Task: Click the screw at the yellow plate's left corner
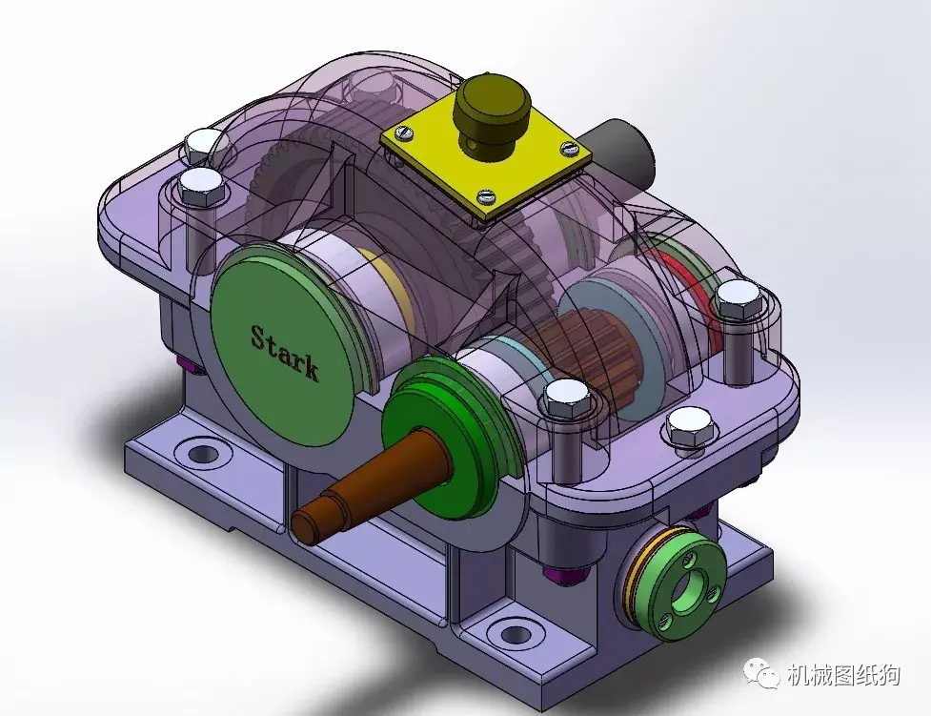pyautogui.click(x=405, y=133)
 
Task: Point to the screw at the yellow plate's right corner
pyautogui.click(x=570, y=147)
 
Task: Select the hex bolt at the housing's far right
pyautogui.click(x=735, y=300)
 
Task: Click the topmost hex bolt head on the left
pyautogui.click(x=201, y=145)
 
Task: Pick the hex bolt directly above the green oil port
pyautogui.click(x=686, y=426)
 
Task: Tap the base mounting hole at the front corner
pyautogui.click(x=516, y=632)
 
